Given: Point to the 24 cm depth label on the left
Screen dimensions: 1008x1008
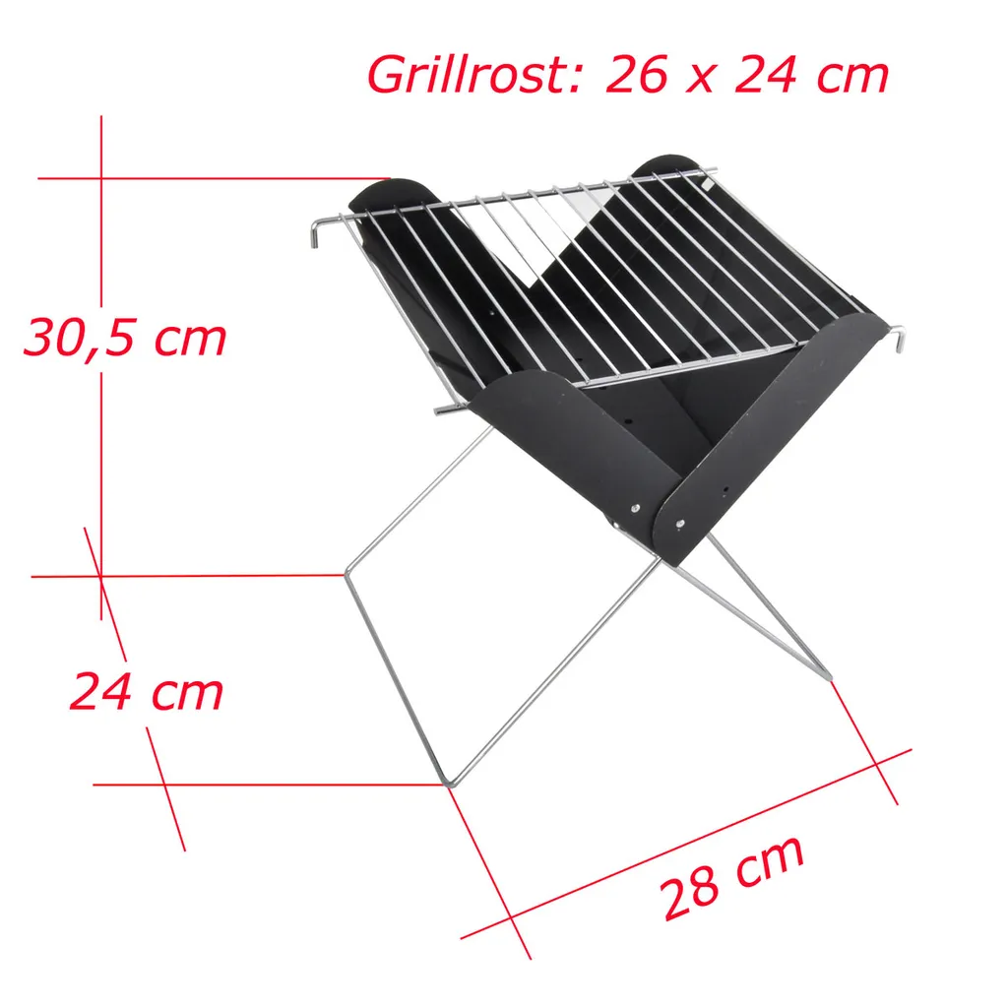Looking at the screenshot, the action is click(x=147, y=692).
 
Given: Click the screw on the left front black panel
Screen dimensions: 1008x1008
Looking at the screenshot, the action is click(x=635, y=509).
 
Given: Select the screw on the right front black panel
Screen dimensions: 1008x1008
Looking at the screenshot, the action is click(x=680, y=524).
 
